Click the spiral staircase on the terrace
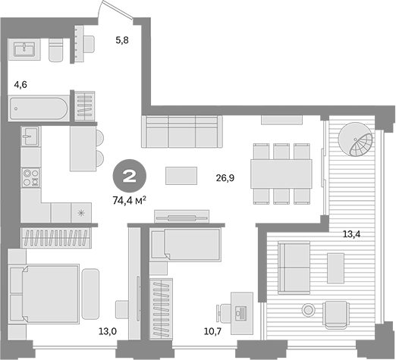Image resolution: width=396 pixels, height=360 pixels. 357,141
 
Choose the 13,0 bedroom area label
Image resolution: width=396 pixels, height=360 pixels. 106,331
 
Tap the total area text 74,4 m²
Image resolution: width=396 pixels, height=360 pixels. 129,201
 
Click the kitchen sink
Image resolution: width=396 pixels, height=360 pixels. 30,138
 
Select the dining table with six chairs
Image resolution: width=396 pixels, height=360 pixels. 281,174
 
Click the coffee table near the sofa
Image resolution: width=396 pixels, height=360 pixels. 181,175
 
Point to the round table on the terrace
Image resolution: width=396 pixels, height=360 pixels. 308,310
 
